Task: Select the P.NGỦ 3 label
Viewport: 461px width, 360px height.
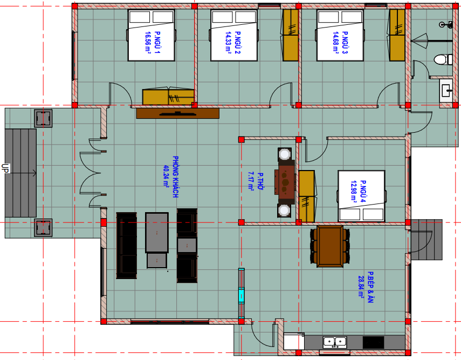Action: (x=345, y=43)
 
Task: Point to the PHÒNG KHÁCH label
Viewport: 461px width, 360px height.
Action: (x=176, y=176)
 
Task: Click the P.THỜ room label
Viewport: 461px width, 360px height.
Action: (x=260, y=181)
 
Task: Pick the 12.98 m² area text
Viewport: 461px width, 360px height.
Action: (x=354, y=191)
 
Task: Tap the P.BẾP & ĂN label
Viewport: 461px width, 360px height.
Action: (x=370, y=287)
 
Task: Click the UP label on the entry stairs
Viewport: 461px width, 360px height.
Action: (x=5, y=168)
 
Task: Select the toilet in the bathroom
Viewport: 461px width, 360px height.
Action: (x=443, y=59)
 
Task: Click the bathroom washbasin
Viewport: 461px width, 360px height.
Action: (x=446, y=90)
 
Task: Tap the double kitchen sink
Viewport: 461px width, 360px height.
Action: (x=335, y=342)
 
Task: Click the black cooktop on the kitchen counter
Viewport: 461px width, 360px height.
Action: (x=374, y=343)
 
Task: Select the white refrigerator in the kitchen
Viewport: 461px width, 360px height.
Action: (x=294, y=341)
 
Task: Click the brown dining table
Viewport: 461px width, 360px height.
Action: (x=330, y=246)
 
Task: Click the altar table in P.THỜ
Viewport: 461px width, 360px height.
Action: (x=285, y=182)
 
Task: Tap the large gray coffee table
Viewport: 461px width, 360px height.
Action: (x=157, y=233)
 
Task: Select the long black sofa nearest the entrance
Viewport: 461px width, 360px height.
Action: (x=127, y=246)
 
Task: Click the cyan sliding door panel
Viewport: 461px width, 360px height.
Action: (x=242, y=295)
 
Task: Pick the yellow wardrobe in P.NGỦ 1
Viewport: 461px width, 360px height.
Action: (x=168, y=96)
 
